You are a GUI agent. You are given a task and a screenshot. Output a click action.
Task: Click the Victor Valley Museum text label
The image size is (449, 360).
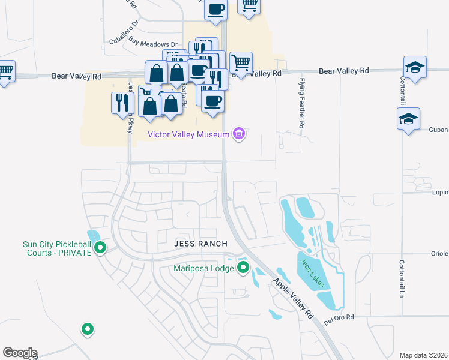[189, 134]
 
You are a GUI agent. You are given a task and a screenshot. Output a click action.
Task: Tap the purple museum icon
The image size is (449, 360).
[239, 134]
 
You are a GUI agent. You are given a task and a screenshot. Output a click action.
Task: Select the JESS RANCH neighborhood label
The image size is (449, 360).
[200, 244]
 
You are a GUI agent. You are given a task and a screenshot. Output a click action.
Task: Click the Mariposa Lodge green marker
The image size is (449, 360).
[243, 268]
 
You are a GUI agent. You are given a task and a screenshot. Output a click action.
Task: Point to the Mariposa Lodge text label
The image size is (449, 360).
[203, 268]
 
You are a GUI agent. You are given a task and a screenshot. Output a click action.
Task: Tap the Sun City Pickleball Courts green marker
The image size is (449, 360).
[100, 247]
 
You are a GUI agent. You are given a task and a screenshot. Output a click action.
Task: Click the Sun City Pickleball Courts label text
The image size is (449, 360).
[57, 248]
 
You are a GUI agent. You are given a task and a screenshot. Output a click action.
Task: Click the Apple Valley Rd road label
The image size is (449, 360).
[294, 298]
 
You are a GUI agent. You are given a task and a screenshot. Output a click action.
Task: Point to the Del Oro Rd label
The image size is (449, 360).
[340, 317]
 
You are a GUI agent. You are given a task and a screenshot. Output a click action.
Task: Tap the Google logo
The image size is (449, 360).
[20, 353]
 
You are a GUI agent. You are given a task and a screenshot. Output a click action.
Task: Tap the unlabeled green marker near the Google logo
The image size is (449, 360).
[88, 329]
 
